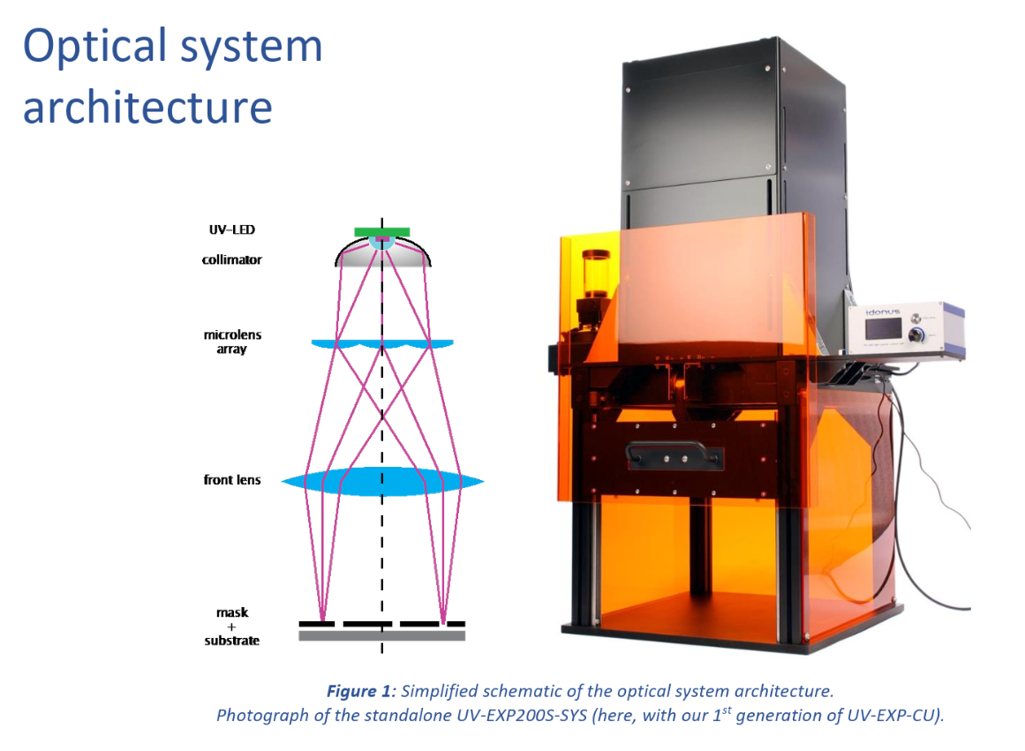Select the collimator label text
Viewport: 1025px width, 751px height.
[x=233, y=260]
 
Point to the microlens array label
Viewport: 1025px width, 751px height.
[x=232, y=342]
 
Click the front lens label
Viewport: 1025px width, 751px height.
[x=232, y=480]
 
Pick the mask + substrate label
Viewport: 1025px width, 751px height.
[x=232, y=627]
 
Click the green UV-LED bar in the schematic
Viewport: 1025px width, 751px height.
[x=381, y=231]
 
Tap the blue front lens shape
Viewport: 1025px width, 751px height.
[x=382, y=481]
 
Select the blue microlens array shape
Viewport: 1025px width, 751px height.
[x=382, y=343]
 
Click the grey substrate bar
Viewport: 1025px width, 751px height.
[x=382, y=635]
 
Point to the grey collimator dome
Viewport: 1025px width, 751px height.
[x=382, y=257]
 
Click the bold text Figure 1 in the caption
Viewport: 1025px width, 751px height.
[x=362, y=690]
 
